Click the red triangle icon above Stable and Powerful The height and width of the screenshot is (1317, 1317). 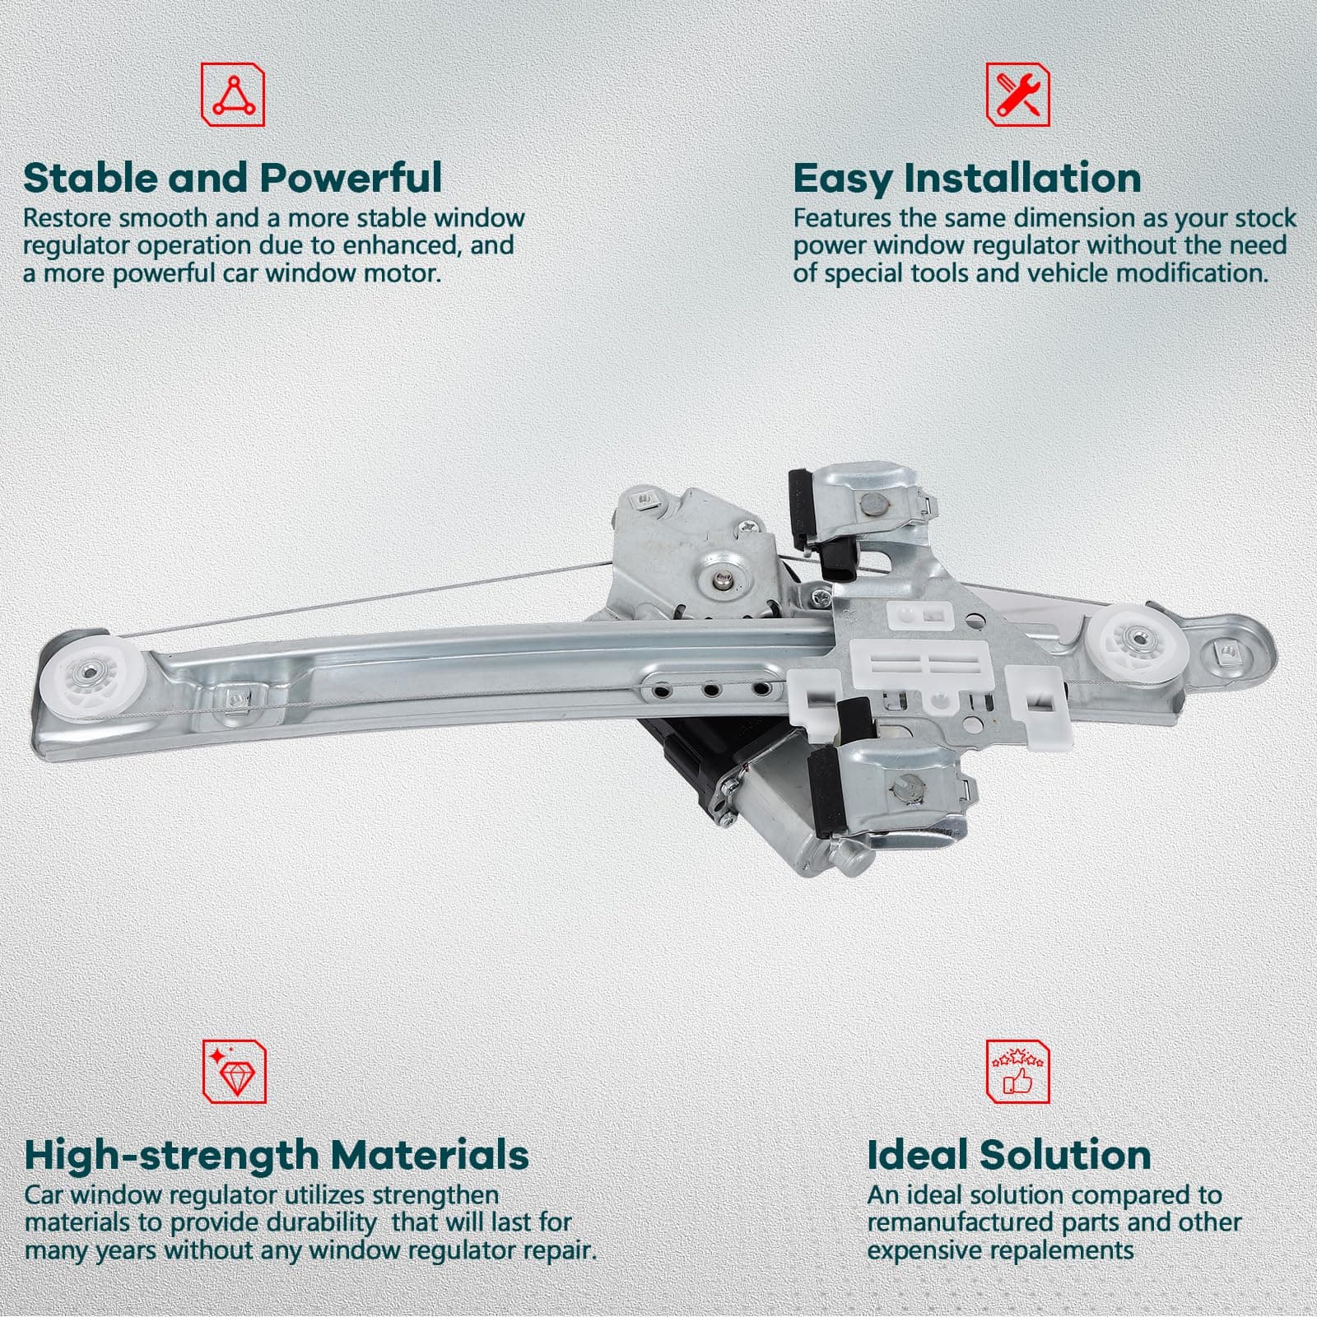(x=234, y=95)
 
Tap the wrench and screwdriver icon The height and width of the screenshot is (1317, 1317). (x=1018, y=95)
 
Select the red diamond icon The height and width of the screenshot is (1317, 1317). (x=234, y=1070)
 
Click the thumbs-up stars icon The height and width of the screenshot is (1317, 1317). (x=1018, y=1070)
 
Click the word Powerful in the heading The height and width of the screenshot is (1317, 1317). (x=351, y=178)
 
